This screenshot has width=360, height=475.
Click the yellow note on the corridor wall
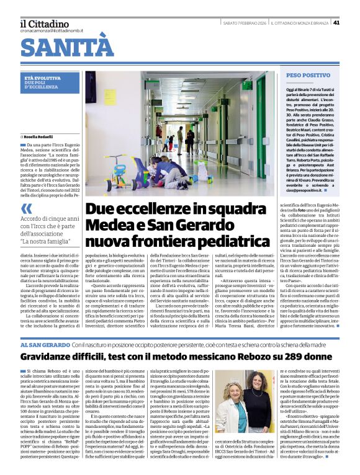click(110, 97)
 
